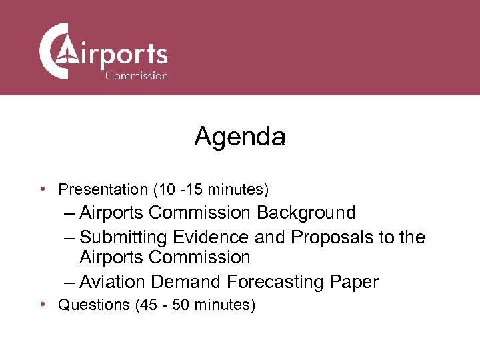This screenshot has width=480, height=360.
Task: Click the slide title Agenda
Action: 240,137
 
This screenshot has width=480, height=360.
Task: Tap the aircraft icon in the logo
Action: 66,52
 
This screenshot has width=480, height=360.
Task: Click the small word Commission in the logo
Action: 136,75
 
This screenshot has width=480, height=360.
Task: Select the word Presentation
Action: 103,190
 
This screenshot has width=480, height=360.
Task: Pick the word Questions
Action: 94,305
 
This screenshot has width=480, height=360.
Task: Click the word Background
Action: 306,213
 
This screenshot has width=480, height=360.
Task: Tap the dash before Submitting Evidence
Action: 70,237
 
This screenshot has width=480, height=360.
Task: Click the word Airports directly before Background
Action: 112,213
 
